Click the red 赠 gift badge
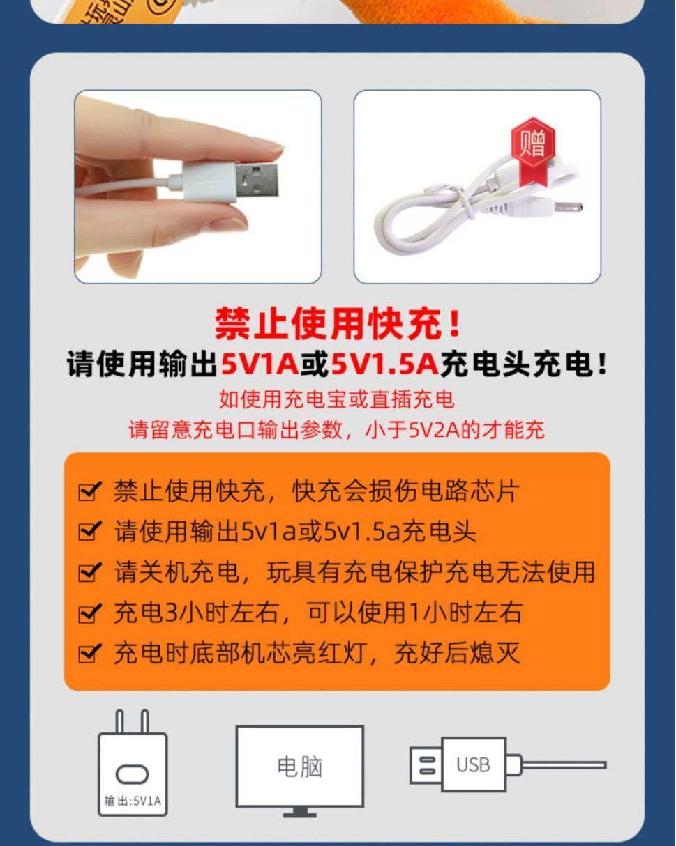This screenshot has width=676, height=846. tap(533, 148)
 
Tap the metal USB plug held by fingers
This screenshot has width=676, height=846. tap(257, 180)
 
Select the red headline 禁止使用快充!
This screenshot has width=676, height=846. tap(338, 323)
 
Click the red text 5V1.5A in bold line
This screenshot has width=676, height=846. tap(384, 363)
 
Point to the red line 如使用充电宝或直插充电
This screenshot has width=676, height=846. tap(337, 399)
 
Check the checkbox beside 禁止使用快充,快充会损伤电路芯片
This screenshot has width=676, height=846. tap(90, 491)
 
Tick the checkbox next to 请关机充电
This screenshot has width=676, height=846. tap(90, 571)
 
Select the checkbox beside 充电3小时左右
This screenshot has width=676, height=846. tap(90, 613)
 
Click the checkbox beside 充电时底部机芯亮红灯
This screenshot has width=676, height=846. tap(90, 653)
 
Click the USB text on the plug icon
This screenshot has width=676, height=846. tap(473, 765)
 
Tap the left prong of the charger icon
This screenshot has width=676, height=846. tap(120, 721)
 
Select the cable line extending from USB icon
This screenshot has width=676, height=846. tap(564, 765)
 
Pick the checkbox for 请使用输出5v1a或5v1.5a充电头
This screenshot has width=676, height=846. tap(90, 531)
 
